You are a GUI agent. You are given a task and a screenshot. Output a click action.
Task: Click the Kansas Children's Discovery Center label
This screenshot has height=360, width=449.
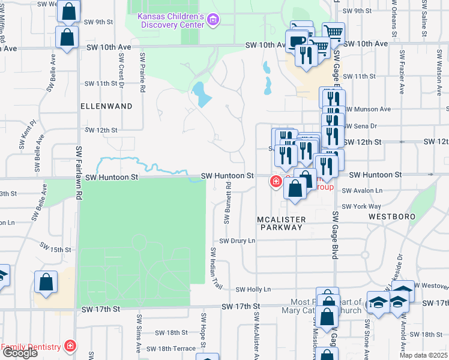click(170, 20)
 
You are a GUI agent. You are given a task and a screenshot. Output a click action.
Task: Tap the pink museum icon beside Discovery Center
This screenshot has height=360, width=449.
click(212, 21)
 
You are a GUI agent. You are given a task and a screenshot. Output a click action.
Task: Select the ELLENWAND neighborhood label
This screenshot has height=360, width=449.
click(106, 106)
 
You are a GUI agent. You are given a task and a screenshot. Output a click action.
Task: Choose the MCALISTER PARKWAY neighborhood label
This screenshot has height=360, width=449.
click(282, 223)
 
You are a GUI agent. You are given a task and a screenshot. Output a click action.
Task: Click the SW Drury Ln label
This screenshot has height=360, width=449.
click(237, 241)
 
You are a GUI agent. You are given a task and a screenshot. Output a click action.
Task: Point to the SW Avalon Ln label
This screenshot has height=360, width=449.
click(362, 190)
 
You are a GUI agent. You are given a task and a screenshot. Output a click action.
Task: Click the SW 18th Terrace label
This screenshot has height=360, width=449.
click(171, 348)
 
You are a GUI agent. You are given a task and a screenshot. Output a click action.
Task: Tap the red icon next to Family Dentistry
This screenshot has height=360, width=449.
click(70, 346)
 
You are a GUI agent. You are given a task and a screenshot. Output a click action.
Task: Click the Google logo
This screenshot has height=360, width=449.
click(20, 353)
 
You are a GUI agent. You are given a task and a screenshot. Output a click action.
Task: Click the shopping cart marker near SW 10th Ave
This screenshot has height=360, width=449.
click(333, 32)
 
